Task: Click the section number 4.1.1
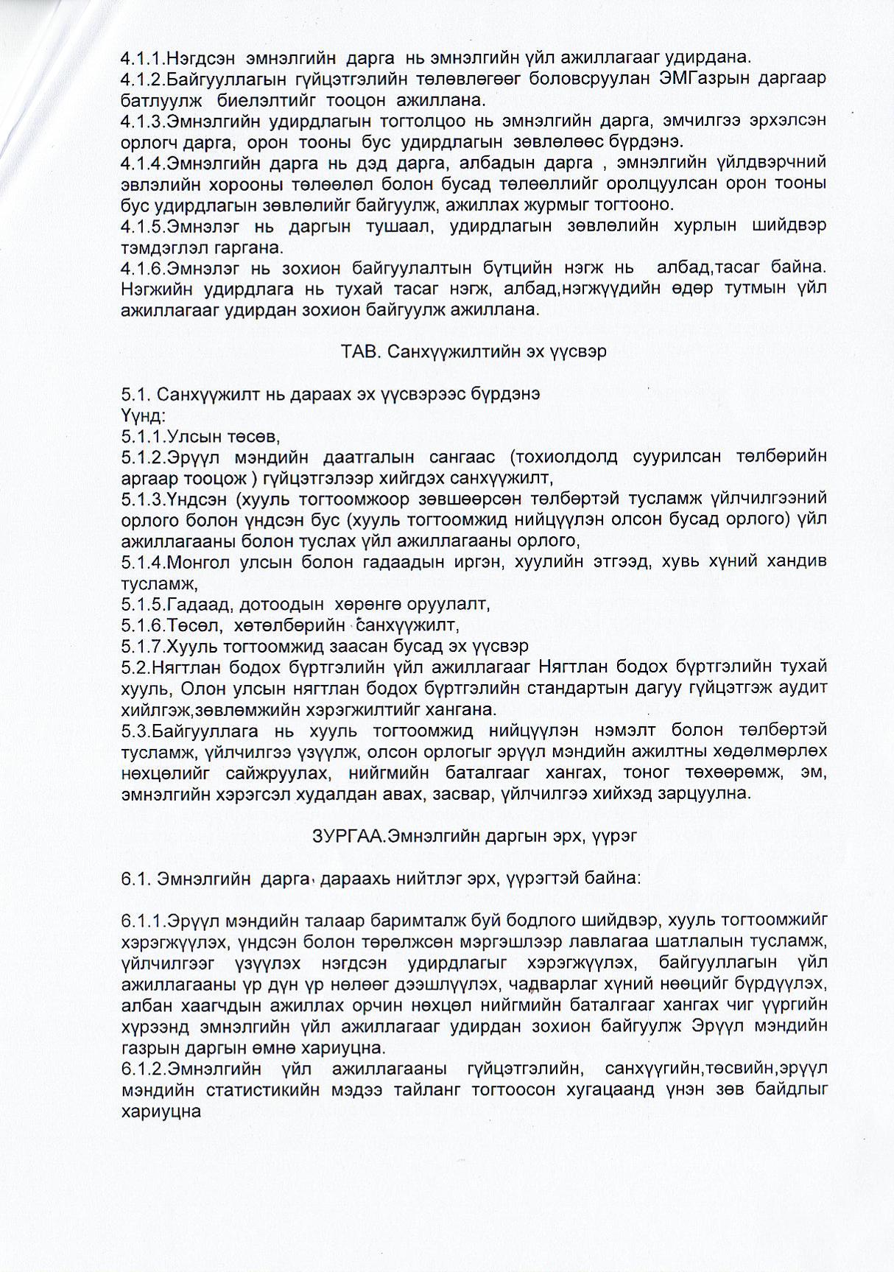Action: click(143, 57)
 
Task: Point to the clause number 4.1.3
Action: click(143, 120)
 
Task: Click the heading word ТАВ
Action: click(359, 351)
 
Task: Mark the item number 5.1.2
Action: click(143, 457)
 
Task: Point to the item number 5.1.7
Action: click(143, 646)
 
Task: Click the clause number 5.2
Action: click(135, 667)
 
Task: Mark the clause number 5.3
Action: click(135, 730)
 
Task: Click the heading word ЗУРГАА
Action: click(349, 836)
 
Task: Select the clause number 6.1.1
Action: click(143, 920)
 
